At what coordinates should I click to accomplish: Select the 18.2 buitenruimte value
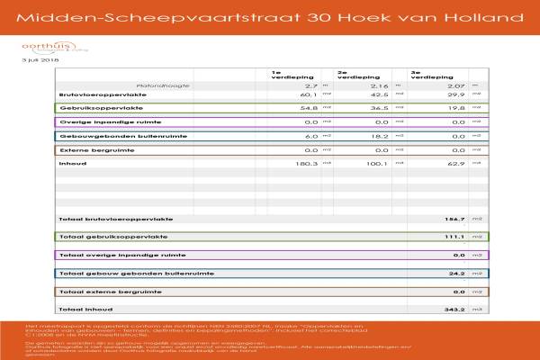[377, 136]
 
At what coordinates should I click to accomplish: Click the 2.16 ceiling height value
[379, 85]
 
